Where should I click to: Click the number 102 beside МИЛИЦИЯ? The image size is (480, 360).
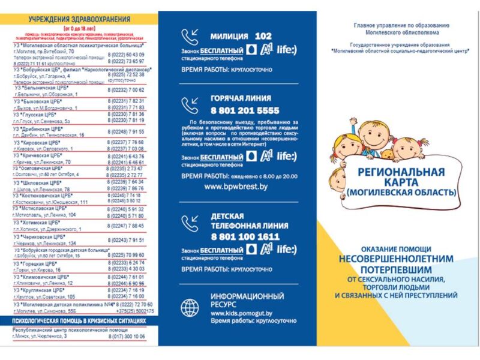pyautogui.click(x=263, y=36)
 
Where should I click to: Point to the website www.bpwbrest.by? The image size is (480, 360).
pyautogui.click(x=236, y=187)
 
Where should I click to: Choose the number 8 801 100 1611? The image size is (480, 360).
pyautogui.click(x=245, y=236)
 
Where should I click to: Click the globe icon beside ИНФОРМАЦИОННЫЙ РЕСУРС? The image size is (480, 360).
pyautogui.click(x=191, y=307)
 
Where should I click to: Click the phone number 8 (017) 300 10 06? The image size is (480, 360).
pyautogui.click(x=127, y=337)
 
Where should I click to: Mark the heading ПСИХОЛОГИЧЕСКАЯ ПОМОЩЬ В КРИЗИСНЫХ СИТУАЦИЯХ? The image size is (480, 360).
pyautogui.click(x=80, y=322)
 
